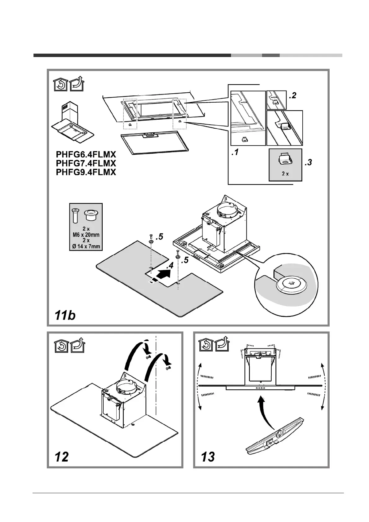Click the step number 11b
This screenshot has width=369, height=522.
coord(65,315)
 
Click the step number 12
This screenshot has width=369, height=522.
coord(61,457)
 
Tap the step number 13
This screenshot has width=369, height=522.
coord(208,457)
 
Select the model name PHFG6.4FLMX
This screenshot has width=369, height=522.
coord(86,154)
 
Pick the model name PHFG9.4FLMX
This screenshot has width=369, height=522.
coord(86,172)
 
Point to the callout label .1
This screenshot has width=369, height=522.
coord(235,153)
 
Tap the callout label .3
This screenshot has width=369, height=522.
coord(308,162)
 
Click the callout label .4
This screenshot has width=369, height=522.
coord(169,266)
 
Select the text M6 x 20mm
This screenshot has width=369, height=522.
coord(84,235)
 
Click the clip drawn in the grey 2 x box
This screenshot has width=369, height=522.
coord(285,159)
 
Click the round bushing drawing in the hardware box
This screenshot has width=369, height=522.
coord(91,215)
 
